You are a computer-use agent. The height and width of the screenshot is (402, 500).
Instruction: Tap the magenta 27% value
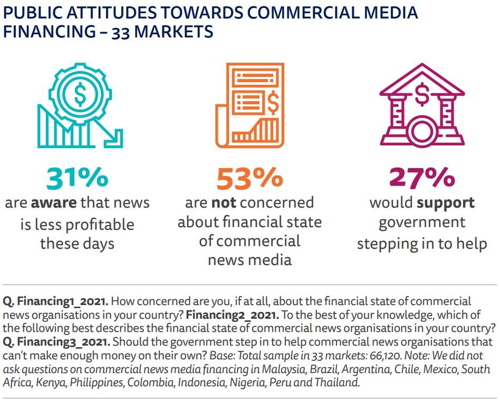pyautogui.click(x=421, y=178)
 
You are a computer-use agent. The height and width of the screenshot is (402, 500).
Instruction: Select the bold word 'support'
pyautogui.click(x=445, y=203)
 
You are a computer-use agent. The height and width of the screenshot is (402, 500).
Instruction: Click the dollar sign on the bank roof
pyautogui.click(x=422, y=95)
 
